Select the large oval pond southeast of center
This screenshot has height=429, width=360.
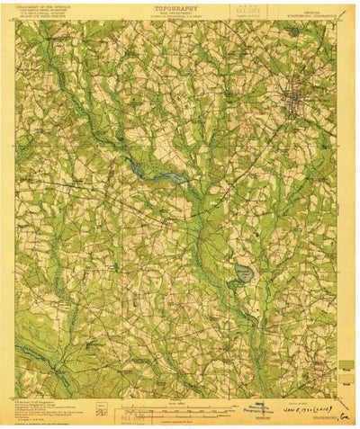pos(243,273)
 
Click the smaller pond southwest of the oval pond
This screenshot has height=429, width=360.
pos(231,286)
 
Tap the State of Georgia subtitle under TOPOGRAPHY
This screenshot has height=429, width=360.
pos(180,15)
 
